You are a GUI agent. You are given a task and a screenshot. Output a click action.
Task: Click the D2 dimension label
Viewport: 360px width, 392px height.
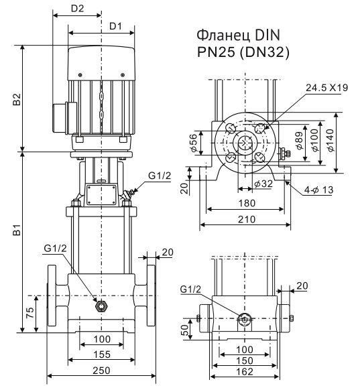[x=77, y=9]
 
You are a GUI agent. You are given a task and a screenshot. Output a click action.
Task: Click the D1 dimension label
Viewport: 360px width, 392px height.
[x=115, y=26]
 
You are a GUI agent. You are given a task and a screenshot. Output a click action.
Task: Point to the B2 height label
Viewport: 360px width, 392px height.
[x=17, y=99]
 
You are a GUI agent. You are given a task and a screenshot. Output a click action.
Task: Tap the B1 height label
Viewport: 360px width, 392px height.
[x=17, y=230]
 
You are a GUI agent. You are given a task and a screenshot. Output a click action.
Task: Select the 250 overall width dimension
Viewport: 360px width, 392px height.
[x=101, y=371]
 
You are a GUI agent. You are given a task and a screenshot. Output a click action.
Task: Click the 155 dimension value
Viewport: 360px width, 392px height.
[x=102, y=354]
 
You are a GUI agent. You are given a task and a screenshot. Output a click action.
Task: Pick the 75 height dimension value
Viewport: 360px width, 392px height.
[x=29, y=313]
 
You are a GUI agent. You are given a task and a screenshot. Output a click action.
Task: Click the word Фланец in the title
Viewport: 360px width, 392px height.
[x=223, y=36]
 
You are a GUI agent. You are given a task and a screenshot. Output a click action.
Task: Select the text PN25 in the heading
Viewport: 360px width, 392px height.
[x=216, y=52]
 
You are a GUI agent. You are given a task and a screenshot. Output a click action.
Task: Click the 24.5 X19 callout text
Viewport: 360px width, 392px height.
[x=326, y=88]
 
